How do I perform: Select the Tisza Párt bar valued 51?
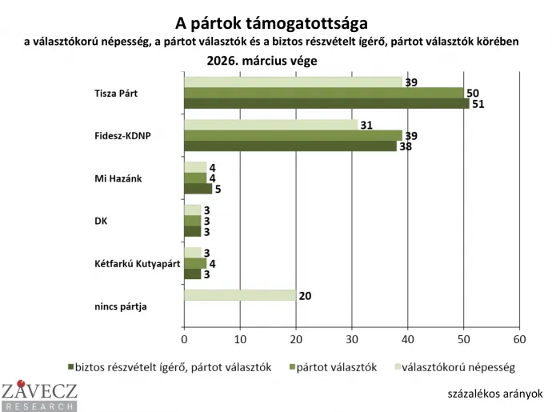click(326, 102)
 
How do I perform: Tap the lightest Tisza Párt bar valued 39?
click(293, 82)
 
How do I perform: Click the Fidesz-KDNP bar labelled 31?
click(270, 124)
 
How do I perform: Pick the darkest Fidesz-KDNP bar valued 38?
click(290, 146)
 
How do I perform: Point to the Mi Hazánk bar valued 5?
click(198, 189)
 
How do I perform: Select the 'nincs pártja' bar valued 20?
click(240, 295)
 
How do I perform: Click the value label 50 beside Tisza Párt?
click(472, 92)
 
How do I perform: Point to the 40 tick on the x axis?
click(408, 338)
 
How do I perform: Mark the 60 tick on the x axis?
click(520, 338)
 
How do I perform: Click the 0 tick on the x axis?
click(184, 338)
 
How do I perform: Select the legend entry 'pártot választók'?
click(339, 367)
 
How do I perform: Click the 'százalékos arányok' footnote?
click(496, 393)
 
